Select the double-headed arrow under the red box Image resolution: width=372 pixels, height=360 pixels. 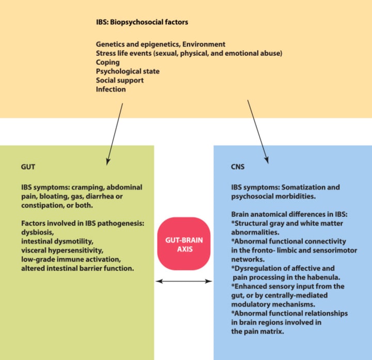coord(184,281)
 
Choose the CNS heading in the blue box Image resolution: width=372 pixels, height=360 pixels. coord(238,167)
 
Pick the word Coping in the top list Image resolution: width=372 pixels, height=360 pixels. coord(108,62)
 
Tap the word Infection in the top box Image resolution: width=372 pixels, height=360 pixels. coord(111,89)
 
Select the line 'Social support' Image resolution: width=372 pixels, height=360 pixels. coord(119,81)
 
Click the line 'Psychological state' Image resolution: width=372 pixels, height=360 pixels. coord(127,71)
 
